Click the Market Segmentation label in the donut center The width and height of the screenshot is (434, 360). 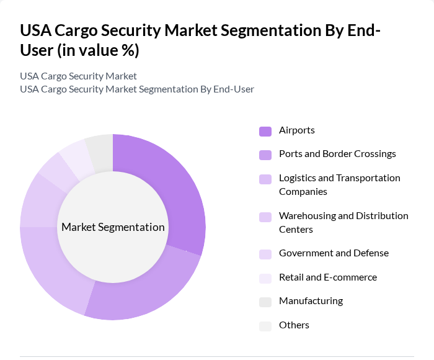pyautogui.click(x=113, y=227)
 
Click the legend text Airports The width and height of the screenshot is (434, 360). pyautogui.click(x=296, y=130)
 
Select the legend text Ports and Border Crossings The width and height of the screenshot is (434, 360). pyautogui.click(x=337, y=154)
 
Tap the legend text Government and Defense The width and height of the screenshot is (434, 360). pyautogui.click(x=334, y=253)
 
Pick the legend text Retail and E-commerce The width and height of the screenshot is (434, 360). pyautogui.click(x=327, y=277)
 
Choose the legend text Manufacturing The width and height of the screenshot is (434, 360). pyautogui.click(x=311, y=301)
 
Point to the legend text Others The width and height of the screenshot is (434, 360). pyautogui.click(x=294, y=325)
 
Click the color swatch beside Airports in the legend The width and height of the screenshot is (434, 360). pyautogui.click(x=265, y=131)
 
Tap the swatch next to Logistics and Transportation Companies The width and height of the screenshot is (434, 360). pyautogui.click(x=265, y=179)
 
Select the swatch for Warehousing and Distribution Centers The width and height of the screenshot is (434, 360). pyautogui.click(x=265, y=217)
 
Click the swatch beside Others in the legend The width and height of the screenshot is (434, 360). pyautogui.click(x=265, y=326)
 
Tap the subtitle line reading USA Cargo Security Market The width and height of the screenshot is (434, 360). pyautogui.click(x=78, y=76)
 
